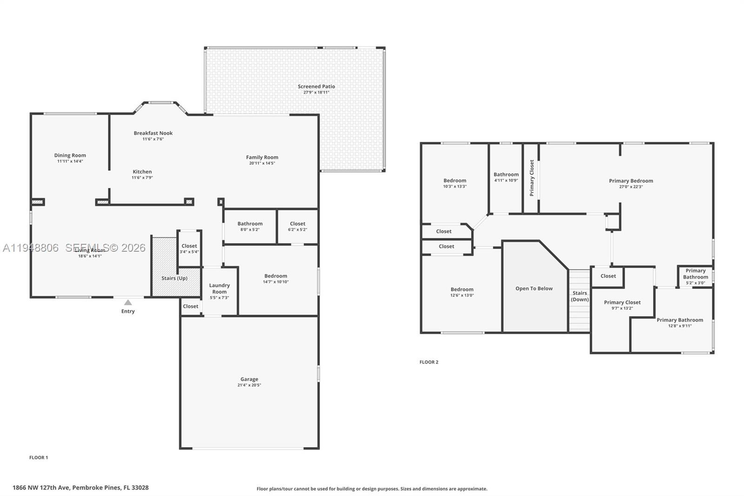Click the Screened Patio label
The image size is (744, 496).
pos(316,87)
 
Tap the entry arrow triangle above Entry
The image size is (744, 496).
pos(128,302)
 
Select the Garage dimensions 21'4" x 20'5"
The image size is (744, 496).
pos(249,385)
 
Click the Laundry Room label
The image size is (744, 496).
pos(219,288)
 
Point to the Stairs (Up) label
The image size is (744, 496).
pos(174,278)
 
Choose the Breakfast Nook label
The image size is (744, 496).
pos(153,133)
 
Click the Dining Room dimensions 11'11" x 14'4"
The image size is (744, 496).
pos(70,161)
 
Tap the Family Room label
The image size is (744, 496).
pos(262,157)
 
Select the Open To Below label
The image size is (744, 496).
pos(534,288)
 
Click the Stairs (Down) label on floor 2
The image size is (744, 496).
pos(580,296)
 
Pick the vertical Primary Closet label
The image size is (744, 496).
pos(532,178)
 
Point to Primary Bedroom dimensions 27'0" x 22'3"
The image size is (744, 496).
pos(631,187)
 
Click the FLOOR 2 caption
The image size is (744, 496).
pos(429,362)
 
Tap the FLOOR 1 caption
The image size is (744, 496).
pos(39,457)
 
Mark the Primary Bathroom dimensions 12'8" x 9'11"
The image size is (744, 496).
pos(680,326)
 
